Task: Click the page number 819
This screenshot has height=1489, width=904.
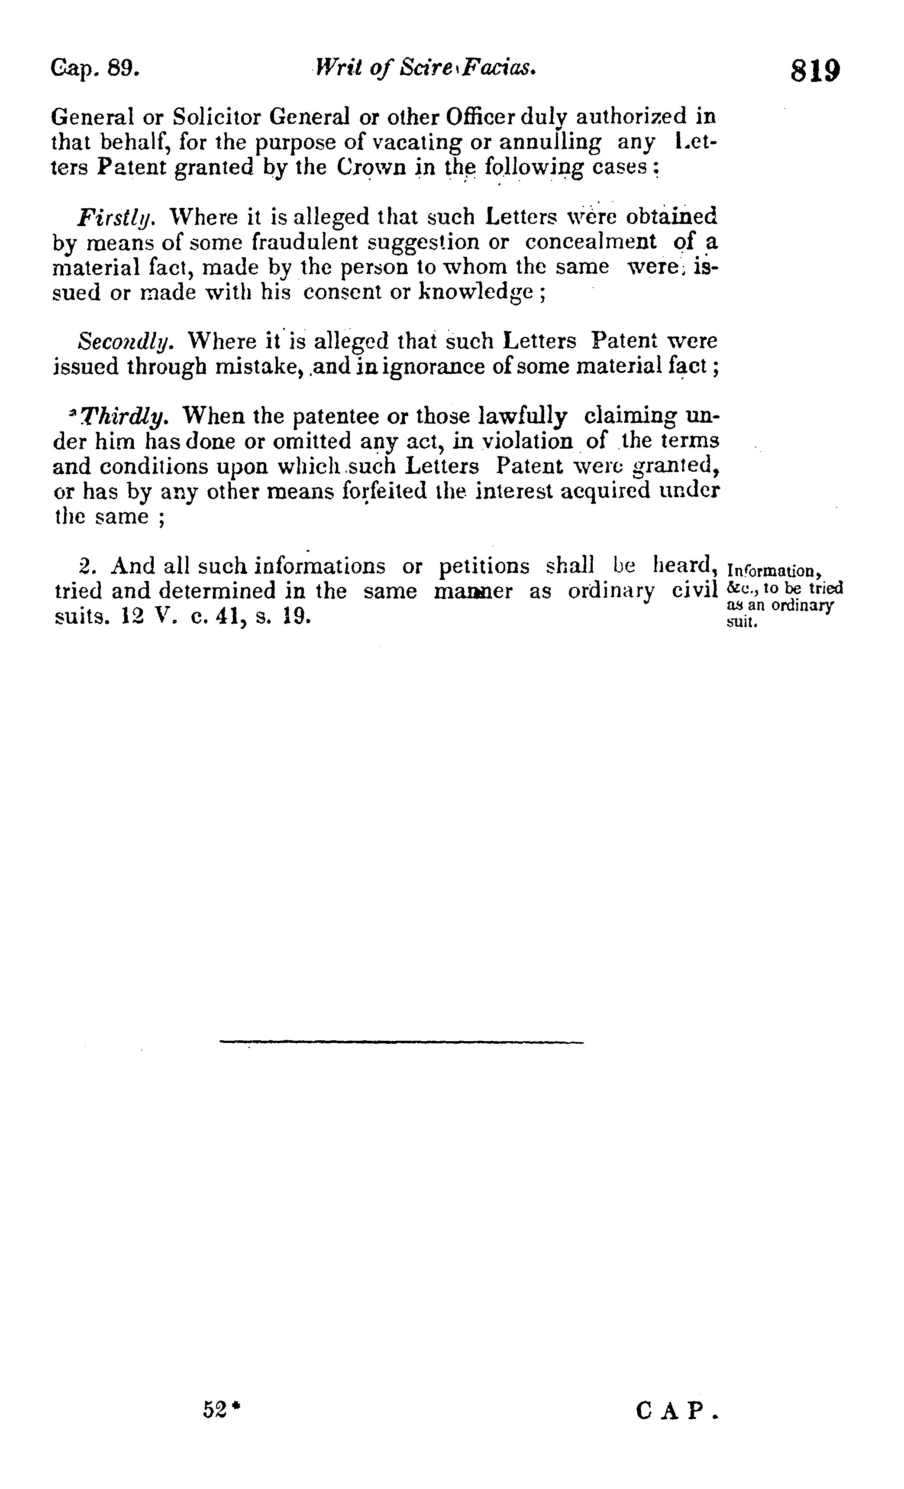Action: coord(815,71)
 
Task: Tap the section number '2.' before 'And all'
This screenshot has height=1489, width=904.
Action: coord(87,566)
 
